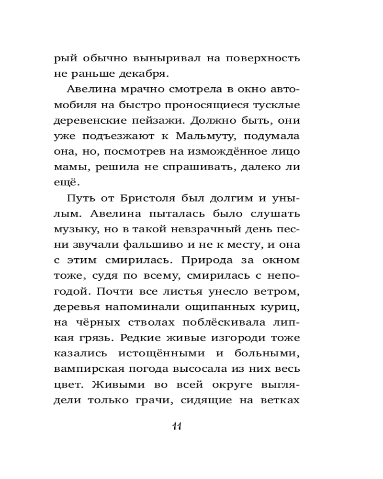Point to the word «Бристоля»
[144, 198]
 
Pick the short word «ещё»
[66, 182]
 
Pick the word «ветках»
[280, 399]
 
